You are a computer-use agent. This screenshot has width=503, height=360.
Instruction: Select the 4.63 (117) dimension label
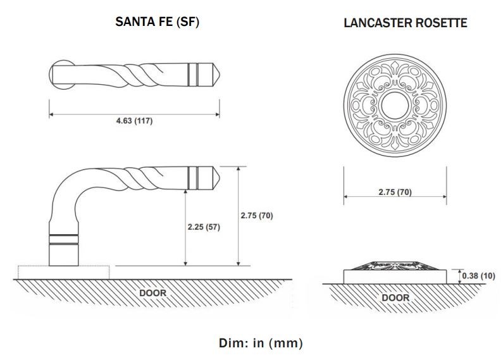click(x=134, y=121)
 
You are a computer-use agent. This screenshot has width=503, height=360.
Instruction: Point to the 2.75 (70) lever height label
click(x=257, y=216)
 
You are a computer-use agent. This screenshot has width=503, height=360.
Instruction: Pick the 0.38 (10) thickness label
click(x=478, y=276)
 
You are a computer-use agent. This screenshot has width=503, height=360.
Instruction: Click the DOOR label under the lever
click(x=152, y=293)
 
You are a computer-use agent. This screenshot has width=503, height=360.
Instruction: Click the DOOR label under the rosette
click(x=395, y=297)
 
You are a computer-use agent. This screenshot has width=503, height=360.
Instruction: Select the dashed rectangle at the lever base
click(x=63, y=272)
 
